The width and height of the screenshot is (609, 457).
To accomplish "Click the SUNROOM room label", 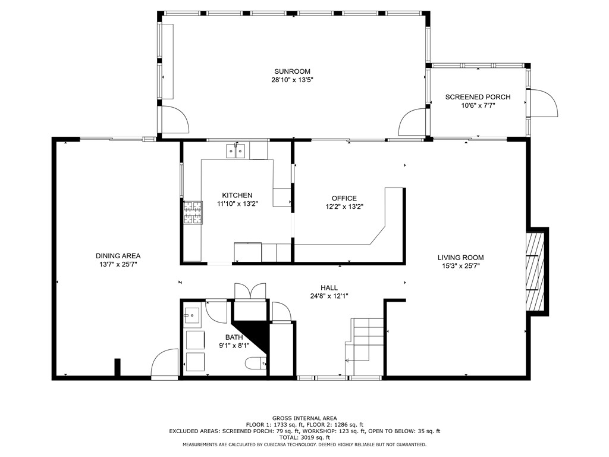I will click(291, 71).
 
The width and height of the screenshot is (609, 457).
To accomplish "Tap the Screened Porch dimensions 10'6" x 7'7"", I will click(478, 105).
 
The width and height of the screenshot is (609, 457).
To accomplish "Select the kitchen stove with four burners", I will click(192, 213).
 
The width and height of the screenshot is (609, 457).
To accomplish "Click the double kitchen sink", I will click(236, 151).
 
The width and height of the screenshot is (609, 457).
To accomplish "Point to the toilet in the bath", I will click(256, 362).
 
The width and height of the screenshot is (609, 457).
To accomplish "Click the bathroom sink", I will click(192, 316).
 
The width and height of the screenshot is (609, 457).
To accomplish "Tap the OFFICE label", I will click(344, 198).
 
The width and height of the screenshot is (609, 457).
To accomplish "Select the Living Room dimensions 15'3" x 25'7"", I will click(460, 266).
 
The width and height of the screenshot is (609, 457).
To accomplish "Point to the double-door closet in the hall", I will click(250, 292).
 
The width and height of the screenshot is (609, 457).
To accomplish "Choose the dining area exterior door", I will click(165, 365).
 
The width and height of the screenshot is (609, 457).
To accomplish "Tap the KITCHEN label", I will click(237, 195).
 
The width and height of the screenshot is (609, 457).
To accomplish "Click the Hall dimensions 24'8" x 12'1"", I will click(328, 296).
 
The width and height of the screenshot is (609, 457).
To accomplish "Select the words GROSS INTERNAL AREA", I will click(304, 418).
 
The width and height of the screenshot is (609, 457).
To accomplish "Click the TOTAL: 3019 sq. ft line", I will click(304, 437).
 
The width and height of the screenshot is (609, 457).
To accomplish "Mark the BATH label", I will click(234, 337).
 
